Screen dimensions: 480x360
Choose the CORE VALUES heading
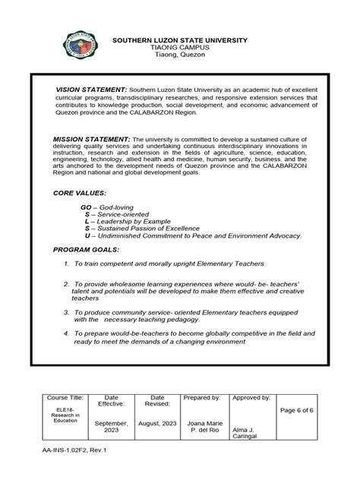(x=80, y=194)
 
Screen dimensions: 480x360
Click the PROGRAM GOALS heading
(x=87, y=249)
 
